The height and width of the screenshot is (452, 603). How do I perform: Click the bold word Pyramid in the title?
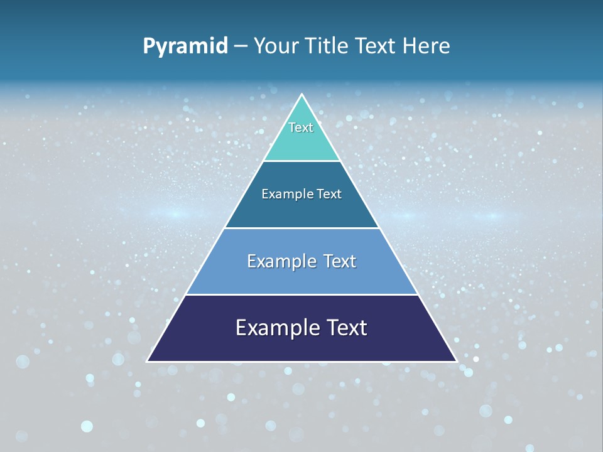point(185,46)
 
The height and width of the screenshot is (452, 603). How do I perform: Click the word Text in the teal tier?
point(301,127)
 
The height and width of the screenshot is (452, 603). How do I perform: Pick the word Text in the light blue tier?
point(340,261)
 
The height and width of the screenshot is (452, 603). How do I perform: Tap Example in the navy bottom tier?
point(274,328)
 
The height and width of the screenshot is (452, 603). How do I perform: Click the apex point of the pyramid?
point(302,95)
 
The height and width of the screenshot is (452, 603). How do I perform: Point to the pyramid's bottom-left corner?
point(148,361)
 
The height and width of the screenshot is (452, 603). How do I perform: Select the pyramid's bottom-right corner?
point(456,361)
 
